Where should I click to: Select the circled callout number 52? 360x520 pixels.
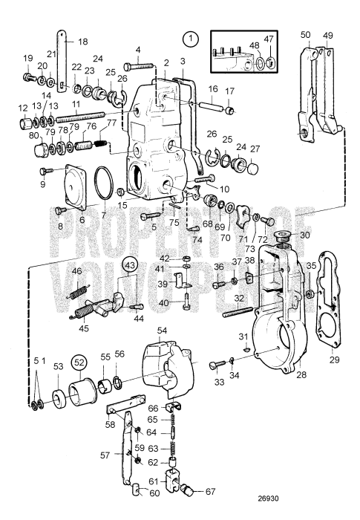(79, 363)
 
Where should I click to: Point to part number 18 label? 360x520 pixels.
(82, 42)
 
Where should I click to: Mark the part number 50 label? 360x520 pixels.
(305, 34)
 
